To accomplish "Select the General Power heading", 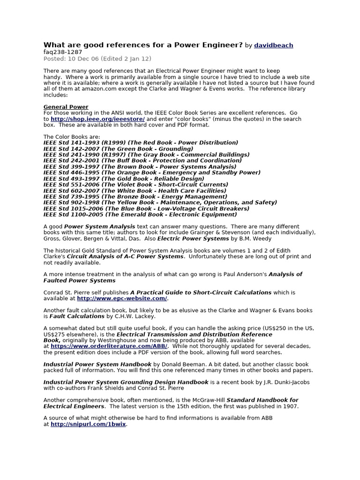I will coord(66,107).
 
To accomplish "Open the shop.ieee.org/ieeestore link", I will coord(97,119).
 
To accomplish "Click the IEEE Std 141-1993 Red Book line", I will coord(141,142).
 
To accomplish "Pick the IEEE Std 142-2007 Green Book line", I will coord(118,149).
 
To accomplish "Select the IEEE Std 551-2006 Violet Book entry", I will coord(135,185).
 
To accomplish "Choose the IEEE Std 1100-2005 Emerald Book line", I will coord(140,215).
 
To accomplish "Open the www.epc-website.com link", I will coord(122,298).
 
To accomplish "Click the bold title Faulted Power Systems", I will coord(79,280).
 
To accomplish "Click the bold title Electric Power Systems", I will coord(193,239).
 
